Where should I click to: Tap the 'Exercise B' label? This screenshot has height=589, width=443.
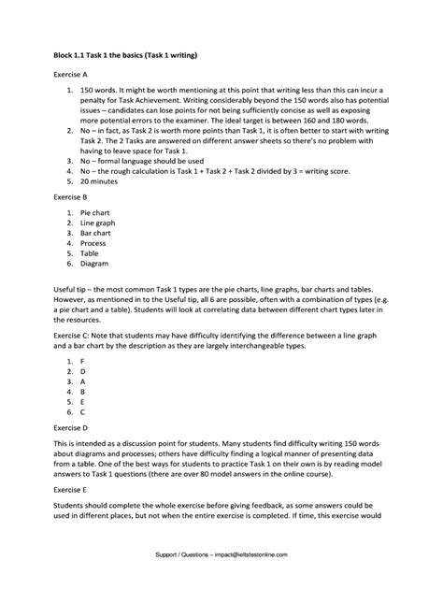click(70, 198)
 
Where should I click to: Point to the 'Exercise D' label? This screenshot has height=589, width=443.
click(70, 425)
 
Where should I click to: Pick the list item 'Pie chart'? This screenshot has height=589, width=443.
click(96, 214)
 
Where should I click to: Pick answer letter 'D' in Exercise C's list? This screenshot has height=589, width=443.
click(83, 371)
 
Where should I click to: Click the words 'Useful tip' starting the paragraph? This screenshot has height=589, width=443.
click(71, 291)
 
